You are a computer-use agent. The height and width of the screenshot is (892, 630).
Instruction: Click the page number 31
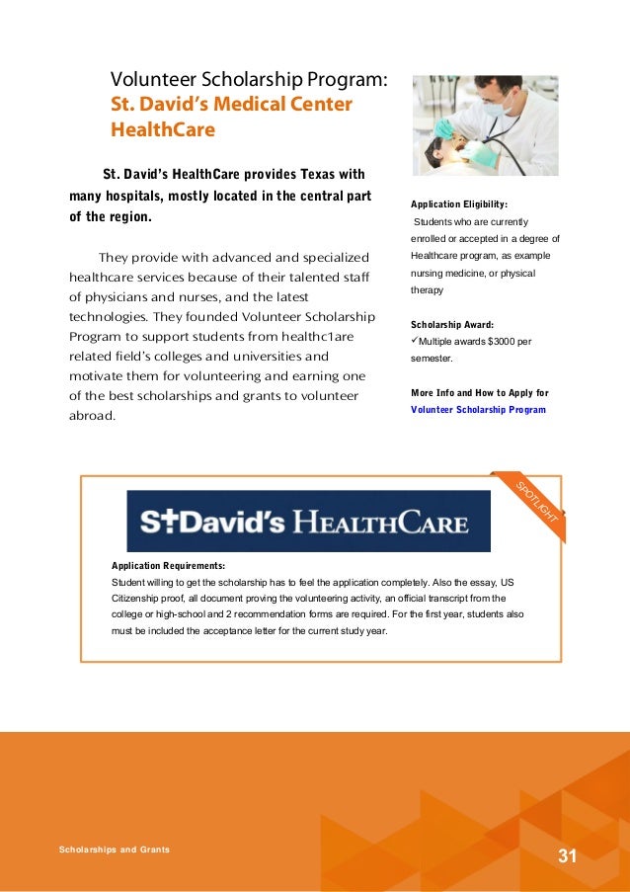click(567, 855)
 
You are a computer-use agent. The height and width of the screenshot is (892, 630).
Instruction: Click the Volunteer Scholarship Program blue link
click(478, 408)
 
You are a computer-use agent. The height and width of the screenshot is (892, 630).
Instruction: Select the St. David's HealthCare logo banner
click(308, 521)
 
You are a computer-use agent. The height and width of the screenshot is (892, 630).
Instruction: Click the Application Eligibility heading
click(459, 204)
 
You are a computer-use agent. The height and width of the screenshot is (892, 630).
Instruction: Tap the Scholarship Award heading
click(452, 324)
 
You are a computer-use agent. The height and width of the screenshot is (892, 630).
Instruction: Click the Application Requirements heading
click(168, 566)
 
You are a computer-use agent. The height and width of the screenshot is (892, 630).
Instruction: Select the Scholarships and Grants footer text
click(114, 849)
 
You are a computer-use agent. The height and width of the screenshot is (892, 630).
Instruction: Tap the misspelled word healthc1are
click(306, 336)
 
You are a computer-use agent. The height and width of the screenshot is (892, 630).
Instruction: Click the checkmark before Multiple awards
click(415, 342)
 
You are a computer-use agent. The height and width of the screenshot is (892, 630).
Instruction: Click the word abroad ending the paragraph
click(92, 416)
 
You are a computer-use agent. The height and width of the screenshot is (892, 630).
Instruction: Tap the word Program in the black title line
click(347, 79)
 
